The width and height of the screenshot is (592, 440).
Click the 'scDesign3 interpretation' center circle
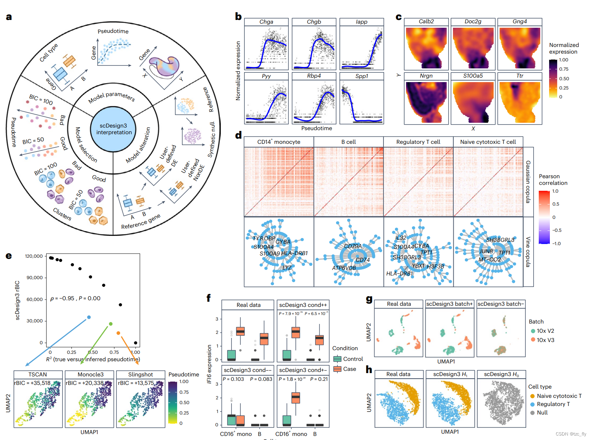pyautogui.click(x=114, y=129)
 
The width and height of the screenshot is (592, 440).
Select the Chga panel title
pyautogui.click(x=266, y=22)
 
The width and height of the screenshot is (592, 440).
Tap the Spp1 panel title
pyautogui.click(x=362, y=76)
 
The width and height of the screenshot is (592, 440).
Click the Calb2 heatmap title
pyautogui.click(x=426, y=21)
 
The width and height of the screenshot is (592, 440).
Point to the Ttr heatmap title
pyautogui.click(x=520, y=76)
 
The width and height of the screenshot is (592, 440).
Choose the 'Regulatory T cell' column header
pyautogui.click(x=418, y=142)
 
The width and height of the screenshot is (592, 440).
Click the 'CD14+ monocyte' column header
pyautogui.click(x=279, y=142)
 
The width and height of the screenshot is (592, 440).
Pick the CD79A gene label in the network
pyautogui.click(x=353, y=246)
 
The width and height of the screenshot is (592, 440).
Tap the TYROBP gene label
pyautogui.click(x=264, y=238)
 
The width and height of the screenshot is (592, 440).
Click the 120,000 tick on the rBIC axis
pyautogui.click(x=34, y=256)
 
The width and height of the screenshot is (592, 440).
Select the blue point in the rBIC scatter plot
pyautogui.click(x=89, y=317)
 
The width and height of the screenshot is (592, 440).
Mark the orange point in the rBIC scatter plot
pyautogui.click(x=118, y=333)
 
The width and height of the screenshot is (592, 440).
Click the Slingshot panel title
pyautogui.click(x=141, y=375)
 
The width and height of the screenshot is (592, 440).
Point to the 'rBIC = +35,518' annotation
pyautogui.click(x=33, y=383)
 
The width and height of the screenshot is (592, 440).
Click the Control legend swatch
pyautogui.click(x=337, y=359)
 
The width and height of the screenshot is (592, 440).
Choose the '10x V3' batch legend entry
pyautogui.click(x=542, y=340)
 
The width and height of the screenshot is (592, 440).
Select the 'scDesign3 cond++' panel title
pyautogui.click(x=303, y=305)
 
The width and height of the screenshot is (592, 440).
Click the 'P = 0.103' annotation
pyautogui.click(x=233, y=379)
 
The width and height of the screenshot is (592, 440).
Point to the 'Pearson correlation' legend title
pyautogui.click(x=553, y=180)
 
